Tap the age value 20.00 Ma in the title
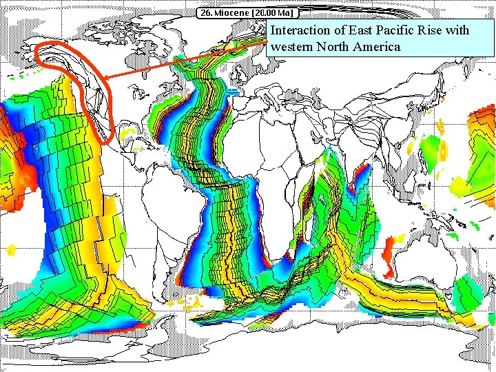pos(271,13)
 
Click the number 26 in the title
pos(205,13)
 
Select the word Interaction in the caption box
pos(300,30)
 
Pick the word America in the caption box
pos(377,47)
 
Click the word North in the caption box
pos(332,47)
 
